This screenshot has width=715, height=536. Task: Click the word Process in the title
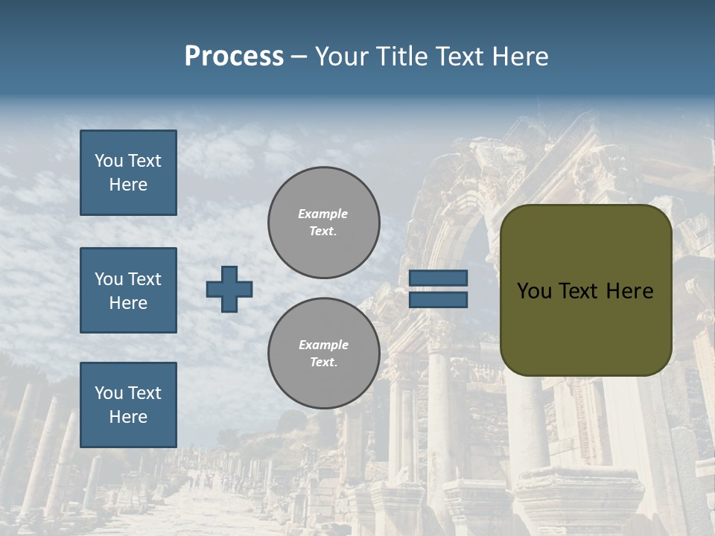click(x=234, y=57)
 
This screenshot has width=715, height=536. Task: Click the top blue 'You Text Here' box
click(x=128, y=173)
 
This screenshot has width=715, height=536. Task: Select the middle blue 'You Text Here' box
click(x=128, y=290)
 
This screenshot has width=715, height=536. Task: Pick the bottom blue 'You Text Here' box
click(x=128, y=405)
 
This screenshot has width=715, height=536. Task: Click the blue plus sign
click(x=229, y=289)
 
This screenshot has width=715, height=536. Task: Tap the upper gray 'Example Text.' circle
click(x=323, y=223)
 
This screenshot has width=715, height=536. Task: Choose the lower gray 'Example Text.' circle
click(x=323, y=354)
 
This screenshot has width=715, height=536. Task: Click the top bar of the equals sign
click(x=439, y=278)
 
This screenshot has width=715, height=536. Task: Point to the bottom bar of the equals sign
click(x=439, y=300)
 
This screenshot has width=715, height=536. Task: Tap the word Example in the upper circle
click(x=322, y=214)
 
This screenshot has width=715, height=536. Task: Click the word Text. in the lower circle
click(x=323, y=363)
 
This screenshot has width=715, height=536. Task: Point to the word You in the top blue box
click(x=108, y=161)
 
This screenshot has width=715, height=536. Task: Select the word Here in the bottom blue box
click(x=128, y=417)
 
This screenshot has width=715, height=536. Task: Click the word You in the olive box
click(x=534, y=291)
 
